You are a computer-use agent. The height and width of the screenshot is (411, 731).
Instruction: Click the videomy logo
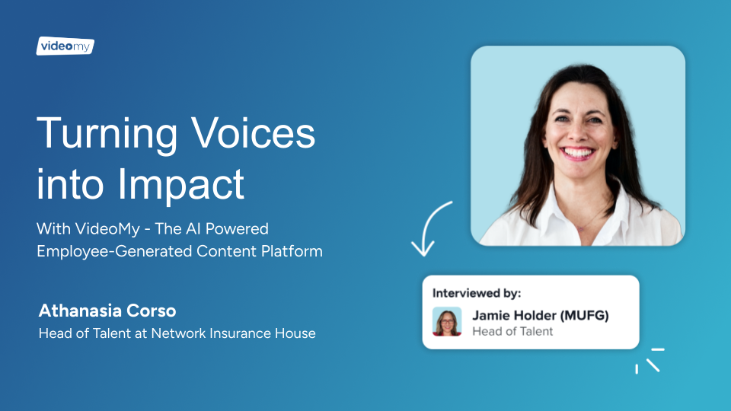(65, 46)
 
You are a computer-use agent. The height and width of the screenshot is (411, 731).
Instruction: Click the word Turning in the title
(107, 134)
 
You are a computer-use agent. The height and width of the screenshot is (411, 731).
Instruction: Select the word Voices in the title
(254, 133)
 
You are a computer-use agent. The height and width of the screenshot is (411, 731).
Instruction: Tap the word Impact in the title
(181, 186)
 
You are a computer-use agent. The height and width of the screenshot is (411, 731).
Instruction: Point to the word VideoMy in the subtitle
(107, 229)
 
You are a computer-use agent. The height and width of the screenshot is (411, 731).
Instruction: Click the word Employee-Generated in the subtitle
(114, 251)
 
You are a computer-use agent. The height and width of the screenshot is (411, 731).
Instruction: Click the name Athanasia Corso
(107, 311)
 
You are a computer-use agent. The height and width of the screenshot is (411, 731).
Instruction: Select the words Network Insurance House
(234, 333)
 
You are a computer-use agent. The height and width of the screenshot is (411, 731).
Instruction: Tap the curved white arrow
(426, 224)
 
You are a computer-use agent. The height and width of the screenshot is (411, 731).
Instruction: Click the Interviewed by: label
(477, 293)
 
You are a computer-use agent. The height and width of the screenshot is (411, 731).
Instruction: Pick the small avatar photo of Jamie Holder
(447, 321)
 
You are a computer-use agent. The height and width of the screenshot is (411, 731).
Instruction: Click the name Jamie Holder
(514, 315)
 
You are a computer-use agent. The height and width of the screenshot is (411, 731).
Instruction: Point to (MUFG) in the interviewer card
(585, 315)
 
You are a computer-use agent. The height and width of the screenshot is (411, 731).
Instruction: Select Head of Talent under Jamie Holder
(512, 331)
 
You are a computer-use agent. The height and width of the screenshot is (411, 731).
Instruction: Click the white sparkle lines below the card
(650, 361)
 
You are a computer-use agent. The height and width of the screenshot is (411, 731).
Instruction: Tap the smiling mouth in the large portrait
(577, 153)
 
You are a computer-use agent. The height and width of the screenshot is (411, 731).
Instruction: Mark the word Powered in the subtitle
(237, 229)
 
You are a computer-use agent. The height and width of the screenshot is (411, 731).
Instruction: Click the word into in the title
(70, 184)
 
